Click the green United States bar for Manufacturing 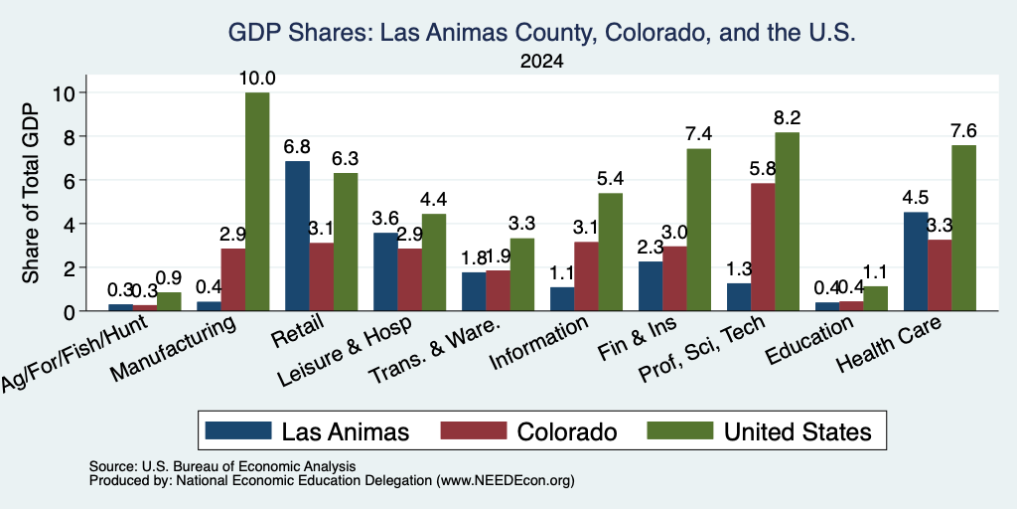click(x=257, y=202)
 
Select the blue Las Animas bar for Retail click(x=297, y=237)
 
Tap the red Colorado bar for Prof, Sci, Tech click(x=763, y=248)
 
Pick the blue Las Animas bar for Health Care click(x=915, y=261)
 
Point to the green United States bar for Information click(x=611, y=252)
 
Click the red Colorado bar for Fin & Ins click(x=674, y=278)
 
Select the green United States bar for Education click(x=876, y=298)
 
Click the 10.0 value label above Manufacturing click(x=257, y=80)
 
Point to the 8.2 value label click(x=788, y=118)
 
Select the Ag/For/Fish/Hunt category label click(x=76, y=354)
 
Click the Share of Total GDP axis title click(x=30, y=193)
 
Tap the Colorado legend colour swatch click(x=474, y=430)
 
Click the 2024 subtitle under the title click(x=541, y=62)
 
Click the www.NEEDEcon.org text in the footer click(x=506, y=481)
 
